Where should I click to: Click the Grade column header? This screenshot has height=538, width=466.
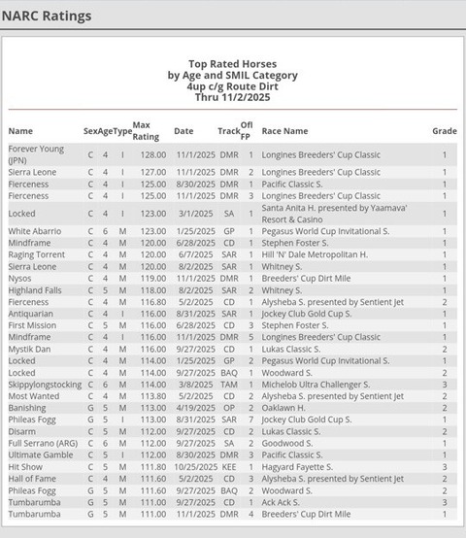(444, 131)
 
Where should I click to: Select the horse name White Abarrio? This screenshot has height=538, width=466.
(35, 231)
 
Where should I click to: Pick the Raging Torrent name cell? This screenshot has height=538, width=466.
(37, 254)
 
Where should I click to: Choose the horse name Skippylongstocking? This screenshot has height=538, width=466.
(45, 385)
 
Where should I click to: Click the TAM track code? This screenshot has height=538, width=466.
(228, 385)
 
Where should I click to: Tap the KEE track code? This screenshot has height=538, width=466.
(228, 466)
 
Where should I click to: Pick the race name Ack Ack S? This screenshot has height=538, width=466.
(282, 502)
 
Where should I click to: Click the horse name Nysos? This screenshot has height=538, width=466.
(20, 278)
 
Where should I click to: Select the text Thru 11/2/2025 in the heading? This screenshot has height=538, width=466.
(233, 97)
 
